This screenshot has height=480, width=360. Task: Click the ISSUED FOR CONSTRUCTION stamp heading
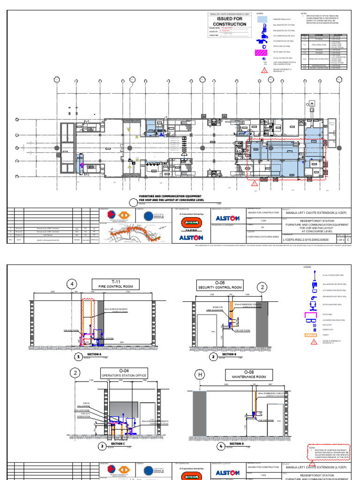click(229, 21)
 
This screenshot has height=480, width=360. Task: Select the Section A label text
click(94, 355)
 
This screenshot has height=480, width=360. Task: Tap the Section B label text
click(229, 354)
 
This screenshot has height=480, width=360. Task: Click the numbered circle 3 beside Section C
click(102, 446)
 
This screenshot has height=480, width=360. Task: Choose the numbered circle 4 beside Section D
click(221, 446)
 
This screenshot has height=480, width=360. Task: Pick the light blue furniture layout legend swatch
click(262, 19)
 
